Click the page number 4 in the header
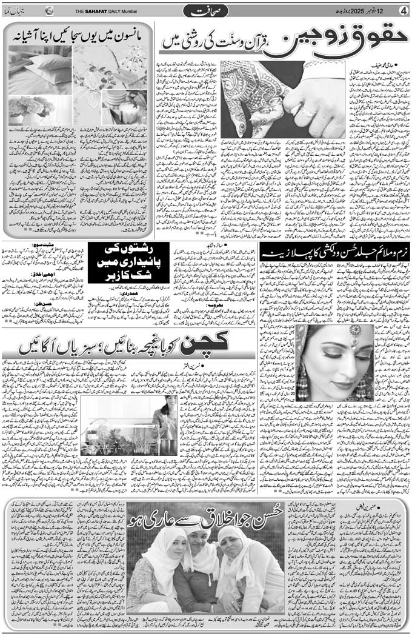(403, 10)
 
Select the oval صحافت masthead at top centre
(206, 11)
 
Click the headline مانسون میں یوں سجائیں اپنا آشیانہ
(79, 36)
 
